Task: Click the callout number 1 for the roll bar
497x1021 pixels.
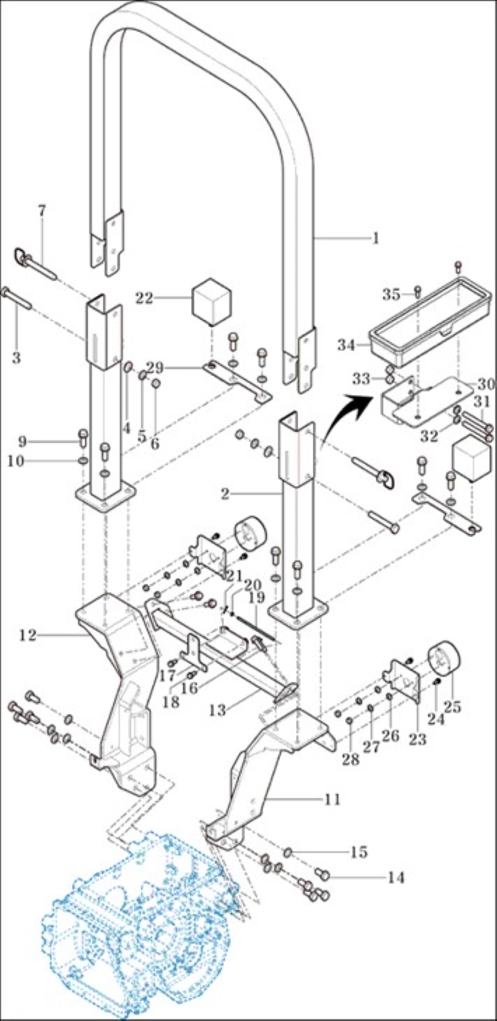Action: click(x=376, y=238)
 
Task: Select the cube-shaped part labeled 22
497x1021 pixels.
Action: click(x=211, y=302)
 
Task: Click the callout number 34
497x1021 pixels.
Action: click(x=346, y=345)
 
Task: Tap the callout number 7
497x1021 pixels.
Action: click(x=41, y=211)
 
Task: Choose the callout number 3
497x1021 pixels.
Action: click(x=16, y=358)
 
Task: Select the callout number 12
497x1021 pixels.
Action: click(x=28, y=635)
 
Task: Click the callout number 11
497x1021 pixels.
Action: click(x=332, y=799)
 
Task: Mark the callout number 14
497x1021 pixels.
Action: click(x=395, y=878)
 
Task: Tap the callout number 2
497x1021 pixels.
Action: click(x=225, y=494)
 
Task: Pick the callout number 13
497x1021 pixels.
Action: click(x=218, y=710)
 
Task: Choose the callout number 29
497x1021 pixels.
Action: click(x=155, y=367)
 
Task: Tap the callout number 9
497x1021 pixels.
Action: click(x=22, y=441)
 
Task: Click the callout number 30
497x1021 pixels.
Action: click(x=485, y=385)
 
